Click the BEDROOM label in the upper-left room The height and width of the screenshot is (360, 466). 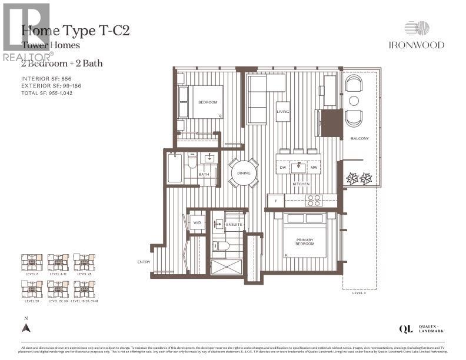pyautogui.click(x=207, y=102)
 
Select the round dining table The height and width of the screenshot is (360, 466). pyautogui.click(x=244, y=173)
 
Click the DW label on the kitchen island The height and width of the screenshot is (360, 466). pyautogui.click(x=284, y=168)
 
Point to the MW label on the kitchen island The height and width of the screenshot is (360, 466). pyautogui.click(x=314, y=168)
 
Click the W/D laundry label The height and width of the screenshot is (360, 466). pyautogui.click(x=196, y=223)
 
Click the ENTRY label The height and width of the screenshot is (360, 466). pyautogui.click(x=144, y=262)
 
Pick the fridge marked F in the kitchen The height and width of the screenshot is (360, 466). pyautogui.click(x=276, y=201)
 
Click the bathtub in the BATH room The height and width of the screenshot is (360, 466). pyautogui.click(x=175, y=168)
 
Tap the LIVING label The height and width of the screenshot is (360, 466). pyautogui.click(x=283, y=111)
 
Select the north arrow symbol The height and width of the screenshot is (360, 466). pyautogui.click(x=25, y=328)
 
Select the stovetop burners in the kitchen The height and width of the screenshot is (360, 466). pyautogui.click(x=313, y=199)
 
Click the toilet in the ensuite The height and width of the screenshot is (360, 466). pyautogui.click(x=224, y=245)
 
